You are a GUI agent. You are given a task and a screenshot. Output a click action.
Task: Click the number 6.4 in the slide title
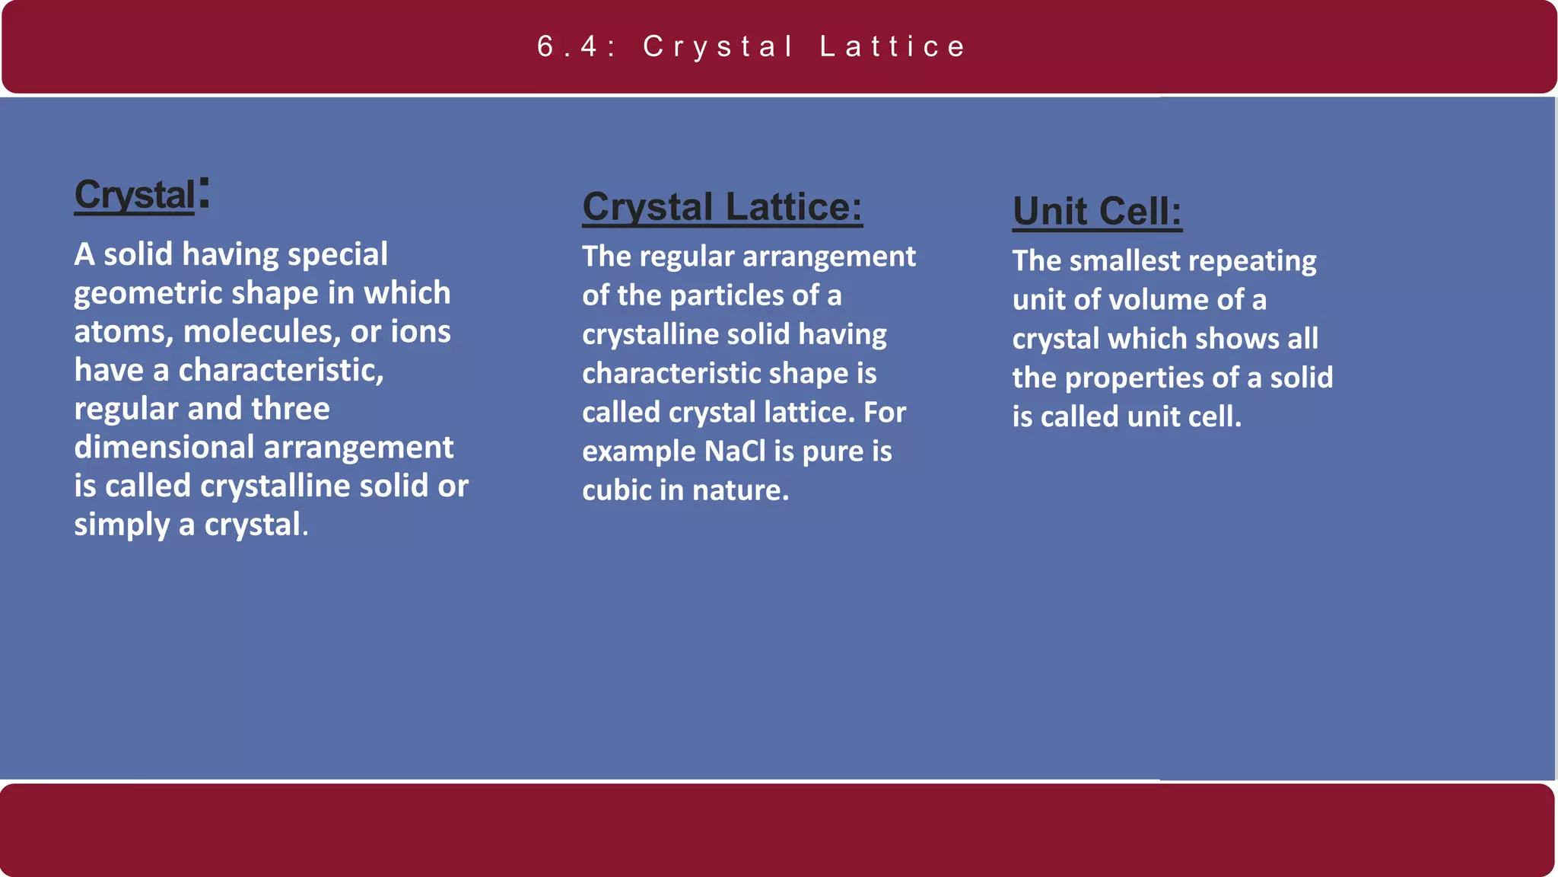point(568,47)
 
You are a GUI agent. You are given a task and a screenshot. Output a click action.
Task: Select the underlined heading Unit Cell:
point(1097,211)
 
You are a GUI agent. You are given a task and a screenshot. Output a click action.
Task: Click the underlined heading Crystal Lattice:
point(722,207)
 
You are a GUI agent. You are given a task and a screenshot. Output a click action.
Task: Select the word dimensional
point(164,448)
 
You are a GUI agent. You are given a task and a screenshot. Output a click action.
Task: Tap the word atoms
point(123,333)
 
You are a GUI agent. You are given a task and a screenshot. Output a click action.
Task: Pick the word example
point(639,452)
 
